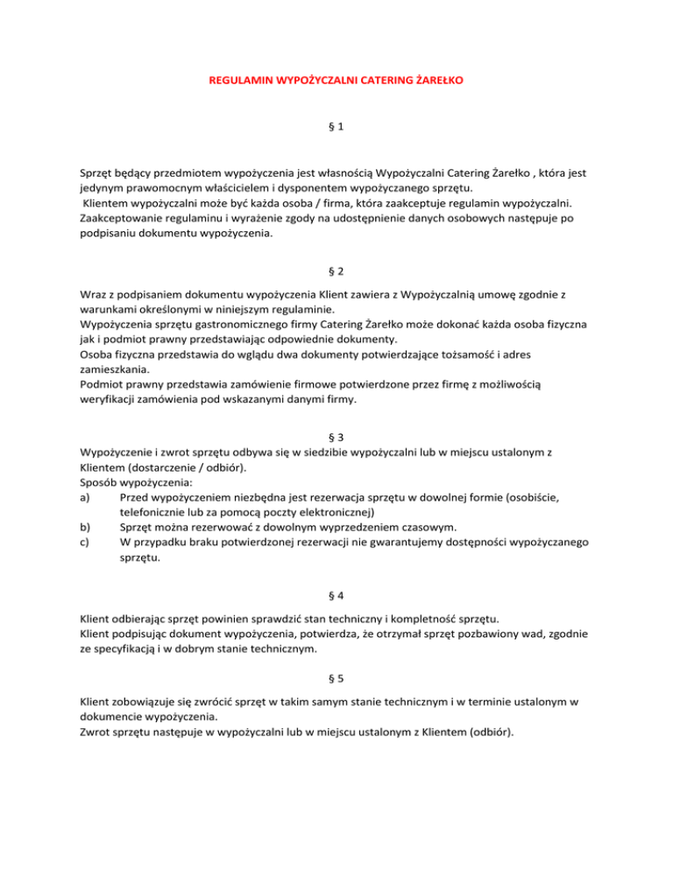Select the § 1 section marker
(x=336, y=127)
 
